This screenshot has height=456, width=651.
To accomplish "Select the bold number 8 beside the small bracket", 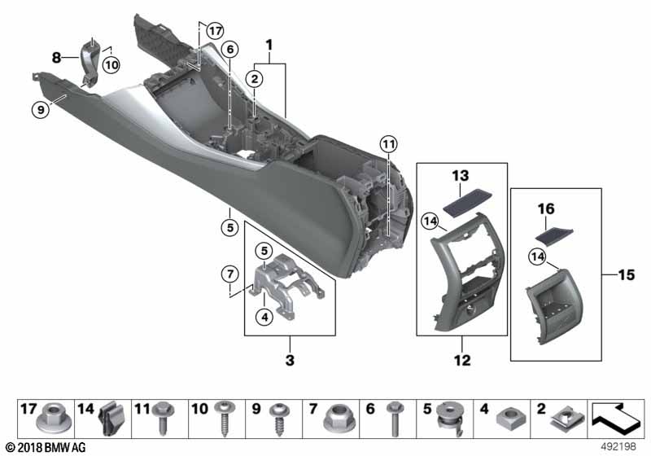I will [x=56, y=58].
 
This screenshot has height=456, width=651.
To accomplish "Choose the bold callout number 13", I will [x=461, y=177].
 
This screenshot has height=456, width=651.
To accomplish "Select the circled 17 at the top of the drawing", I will [x=212, y=32].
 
